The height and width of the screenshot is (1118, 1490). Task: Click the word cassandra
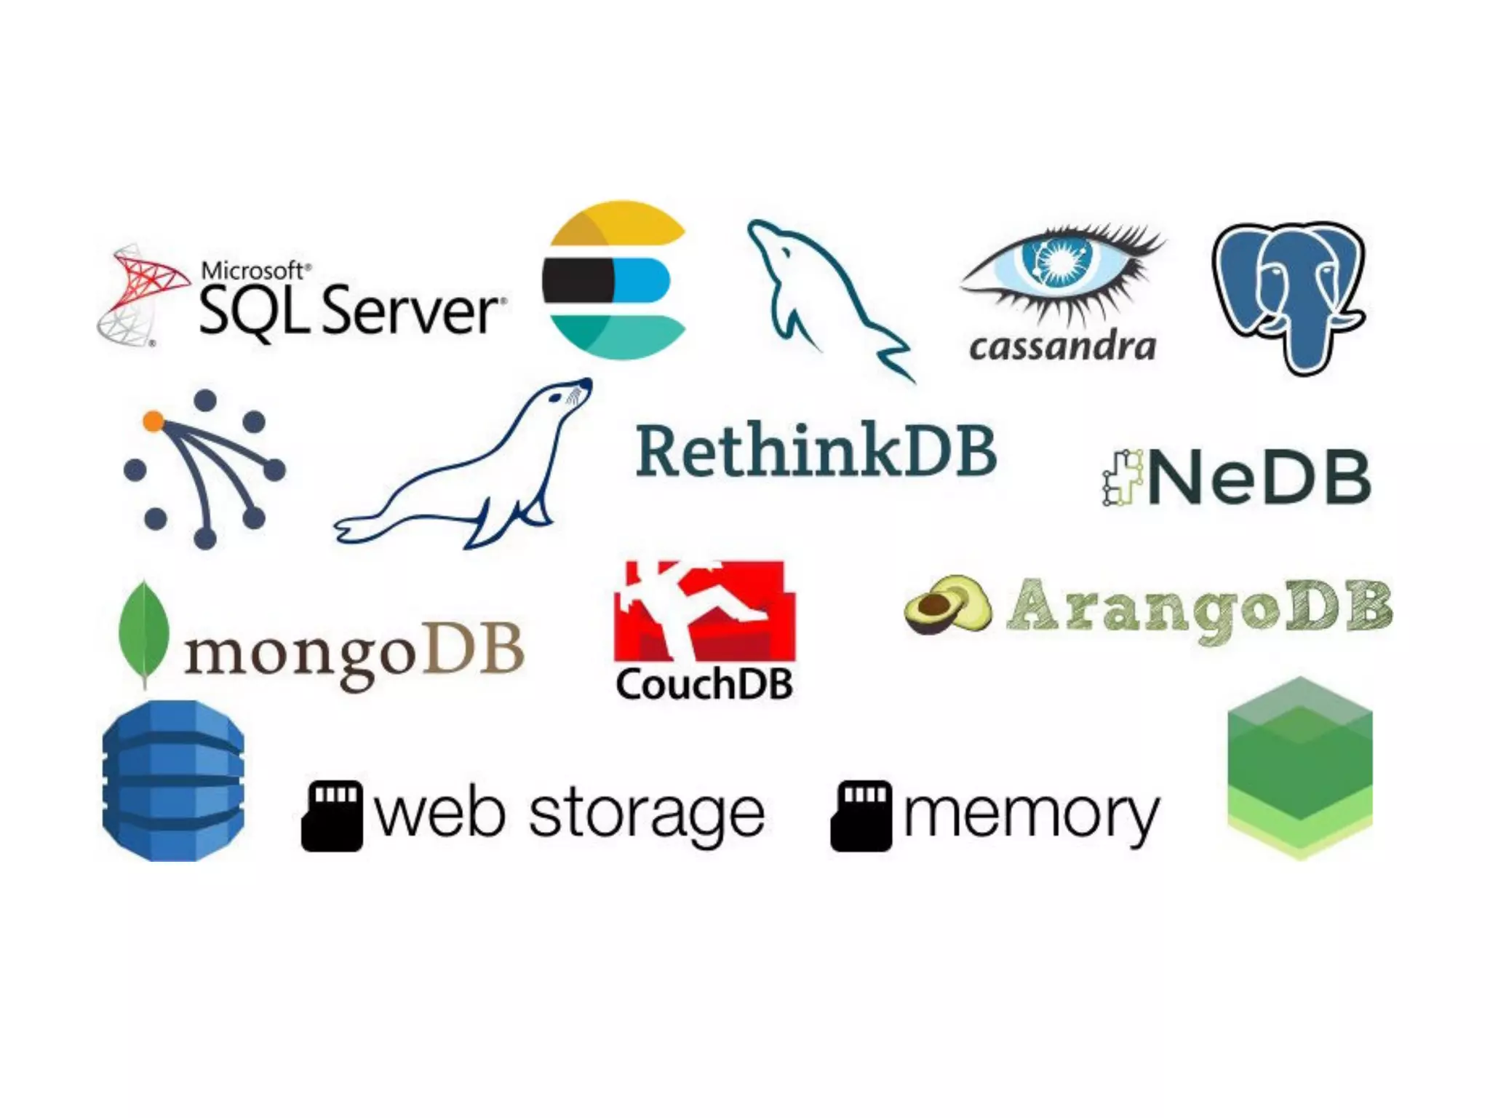coord(1062,347)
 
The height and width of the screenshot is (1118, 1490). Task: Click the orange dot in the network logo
coord(153,421)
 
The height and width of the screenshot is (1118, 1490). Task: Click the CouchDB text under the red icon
coord(704,684)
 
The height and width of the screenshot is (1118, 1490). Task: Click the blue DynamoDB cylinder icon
coord(173,780)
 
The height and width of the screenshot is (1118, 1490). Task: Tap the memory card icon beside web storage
coord(332,815)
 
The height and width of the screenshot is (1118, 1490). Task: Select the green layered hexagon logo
coord(1299,768)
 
